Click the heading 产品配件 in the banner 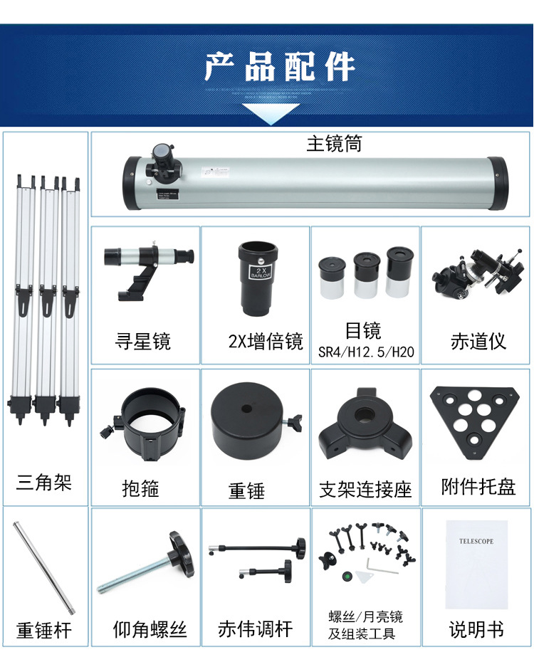[279, 66]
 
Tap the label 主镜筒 [334, 144]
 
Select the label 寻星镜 [143, 341]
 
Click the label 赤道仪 [478, 341]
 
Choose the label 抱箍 [140, 488]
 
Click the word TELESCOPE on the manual [476, 542]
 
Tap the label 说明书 [476, 629]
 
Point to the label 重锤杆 [44, 630]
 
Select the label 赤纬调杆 [255, 629]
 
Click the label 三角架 [44, 483]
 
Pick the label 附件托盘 [478, 487]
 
